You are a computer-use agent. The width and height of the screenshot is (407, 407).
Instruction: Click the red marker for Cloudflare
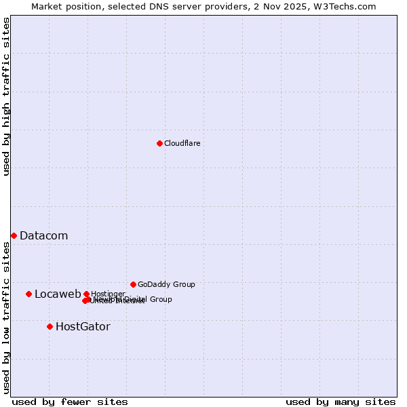(159, 143)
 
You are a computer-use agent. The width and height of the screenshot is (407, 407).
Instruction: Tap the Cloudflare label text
(182, 144)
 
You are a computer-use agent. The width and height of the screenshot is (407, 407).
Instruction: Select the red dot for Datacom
(14, 235)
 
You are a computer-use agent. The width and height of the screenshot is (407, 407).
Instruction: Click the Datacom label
(43, 236)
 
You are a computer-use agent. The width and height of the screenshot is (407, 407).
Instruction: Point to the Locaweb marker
(28, 294)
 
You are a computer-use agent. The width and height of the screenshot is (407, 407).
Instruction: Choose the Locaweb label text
(58, 294)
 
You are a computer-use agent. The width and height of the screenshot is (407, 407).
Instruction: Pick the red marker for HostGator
(50, 326)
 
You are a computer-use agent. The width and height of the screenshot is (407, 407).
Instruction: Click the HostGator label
(83, 327)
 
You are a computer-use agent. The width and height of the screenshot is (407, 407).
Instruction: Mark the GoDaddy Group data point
(133, 284)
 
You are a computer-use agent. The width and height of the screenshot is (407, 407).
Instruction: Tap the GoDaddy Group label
(166, 285)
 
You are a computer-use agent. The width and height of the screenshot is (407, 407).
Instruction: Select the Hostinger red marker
(86, 294)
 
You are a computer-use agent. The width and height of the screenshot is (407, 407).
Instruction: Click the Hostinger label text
(108, 294)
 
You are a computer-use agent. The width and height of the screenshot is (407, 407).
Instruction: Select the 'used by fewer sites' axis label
(70, 402)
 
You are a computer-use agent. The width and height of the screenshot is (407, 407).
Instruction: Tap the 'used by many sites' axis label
(341, 402)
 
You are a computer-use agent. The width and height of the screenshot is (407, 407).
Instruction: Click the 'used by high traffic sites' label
(6, 97)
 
